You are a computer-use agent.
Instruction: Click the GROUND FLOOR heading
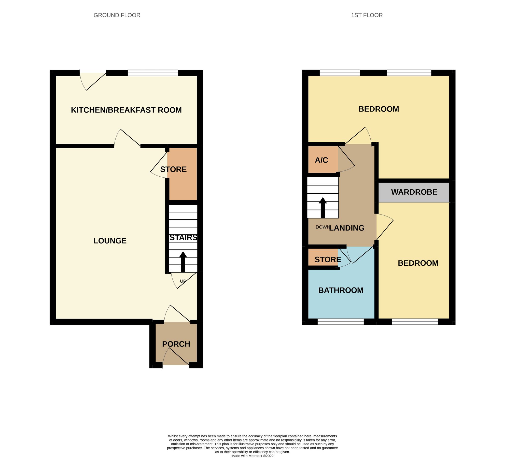117,15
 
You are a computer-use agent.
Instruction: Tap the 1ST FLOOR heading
367,15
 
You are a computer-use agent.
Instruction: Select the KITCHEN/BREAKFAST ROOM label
126,110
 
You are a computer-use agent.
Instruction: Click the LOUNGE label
110,241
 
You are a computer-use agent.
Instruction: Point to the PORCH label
176,344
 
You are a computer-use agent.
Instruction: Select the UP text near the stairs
183,281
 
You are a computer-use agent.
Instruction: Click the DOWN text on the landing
322,227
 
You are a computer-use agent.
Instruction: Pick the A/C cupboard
322,160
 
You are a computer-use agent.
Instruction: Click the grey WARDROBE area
414,192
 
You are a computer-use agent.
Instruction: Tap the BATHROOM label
341,290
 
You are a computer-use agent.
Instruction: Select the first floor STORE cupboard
323,260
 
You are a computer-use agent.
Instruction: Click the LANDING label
346,228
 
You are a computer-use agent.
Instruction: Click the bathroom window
341,322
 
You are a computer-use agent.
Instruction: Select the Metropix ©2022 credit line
252,456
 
